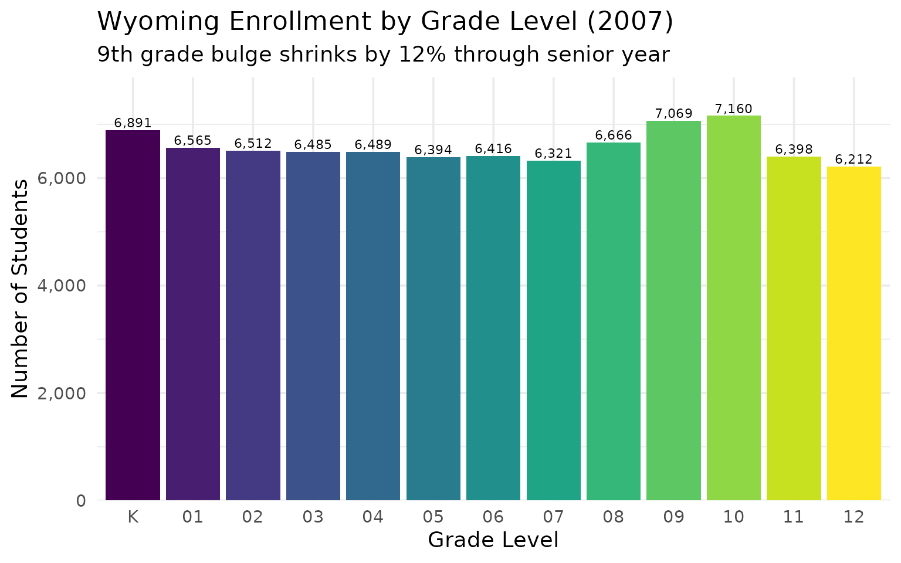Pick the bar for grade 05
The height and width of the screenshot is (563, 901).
point(433,328)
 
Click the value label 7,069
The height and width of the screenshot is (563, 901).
point(673,114)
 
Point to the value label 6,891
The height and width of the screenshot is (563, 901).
point(133,123)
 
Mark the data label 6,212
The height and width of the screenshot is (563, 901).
point(853,160)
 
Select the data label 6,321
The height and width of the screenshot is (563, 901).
point(553,154)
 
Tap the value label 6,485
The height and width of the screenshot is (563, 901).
point(313,144)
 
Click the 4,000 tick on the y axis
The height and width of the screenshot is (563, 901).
point(62,286)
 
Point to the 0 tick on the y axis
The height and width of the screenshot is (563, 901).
point(81,501)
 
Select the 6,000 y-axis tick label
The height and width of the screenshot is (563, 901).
point(62,178)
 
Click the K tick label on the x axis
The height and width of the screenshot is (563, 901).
point(133,517)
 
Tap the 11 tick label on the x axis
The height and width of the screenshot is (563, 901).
point(793,517)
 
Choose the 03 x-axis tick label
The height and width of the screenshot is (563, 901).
point(313,517)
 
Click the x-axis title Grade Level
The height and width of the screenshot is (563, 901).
point(493,540)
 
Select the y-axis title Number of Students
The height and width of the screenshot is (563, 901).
point(20,289)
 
